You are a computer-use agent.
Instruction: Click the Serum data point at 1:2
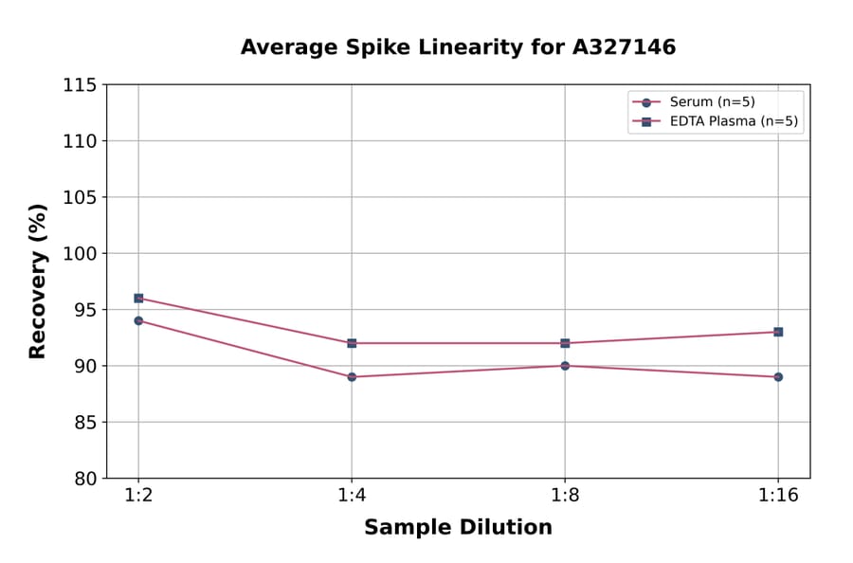point(138,320)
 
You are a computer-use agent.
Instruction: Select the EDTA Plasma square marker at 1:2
point(138,298)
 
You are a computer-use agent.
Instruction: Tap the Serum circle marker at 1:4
point(352,377)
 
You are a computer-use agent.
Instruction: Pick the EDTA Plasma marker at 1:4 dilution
point(352,343)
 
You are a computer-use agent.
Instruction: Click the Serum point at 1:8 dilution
point(565,366)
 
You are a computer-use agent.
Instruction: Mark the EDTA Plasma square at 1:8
point(565,343)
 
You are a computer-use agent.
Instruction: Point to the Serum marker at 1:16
point(778,377)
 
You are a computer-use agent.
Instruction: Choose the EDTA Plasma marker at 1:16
point(778,332)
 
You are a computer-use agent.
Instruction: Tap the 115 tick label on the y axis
point(79,85)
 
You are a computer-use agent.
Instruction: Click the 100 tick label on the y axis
point(79,254)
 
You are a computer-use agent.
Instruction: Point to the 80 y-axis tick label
point(84,479)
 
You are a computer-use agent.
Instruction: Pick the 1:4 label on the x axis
point(352,496)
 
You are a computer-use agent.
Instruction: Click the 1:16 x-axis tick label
point(778,496)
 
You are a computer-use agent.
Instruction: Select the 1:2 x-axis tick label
point(138,496)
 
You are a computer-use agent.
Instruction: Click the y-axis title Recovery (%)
point(38,281)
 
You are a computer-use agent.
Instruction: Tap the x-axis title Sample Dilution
point(458,528)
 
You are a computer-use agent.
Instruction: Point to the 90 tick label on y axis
point(84,366)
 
